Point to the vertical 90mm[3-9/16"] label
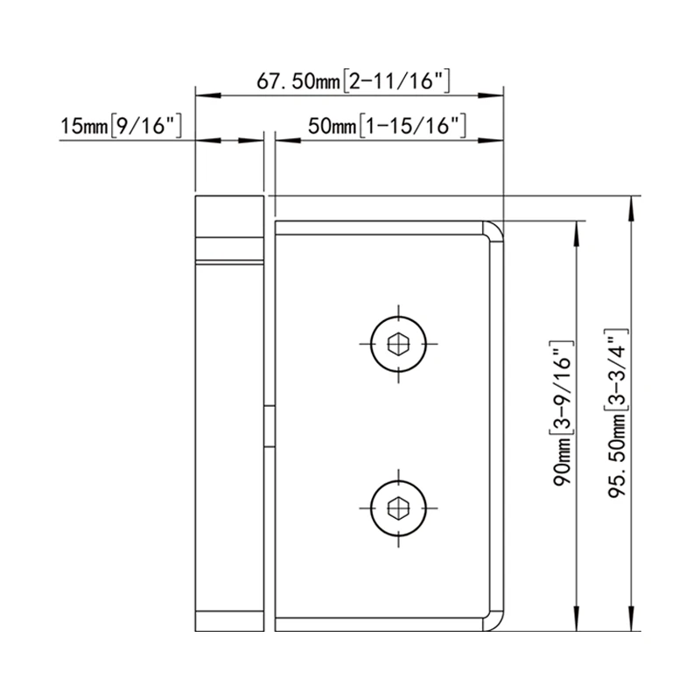[x=563, y=411]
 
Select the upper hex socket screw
[x=398, y=341]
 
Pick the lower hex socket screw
[x=398, y=506]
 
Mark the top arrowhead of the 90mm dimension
[x=576, y=228]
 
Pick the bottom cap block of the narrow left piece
[x=229, y=619]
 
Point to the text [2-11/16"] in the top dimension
[x=396, y=81]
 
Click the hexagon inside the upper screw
[x=398, y=341]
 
